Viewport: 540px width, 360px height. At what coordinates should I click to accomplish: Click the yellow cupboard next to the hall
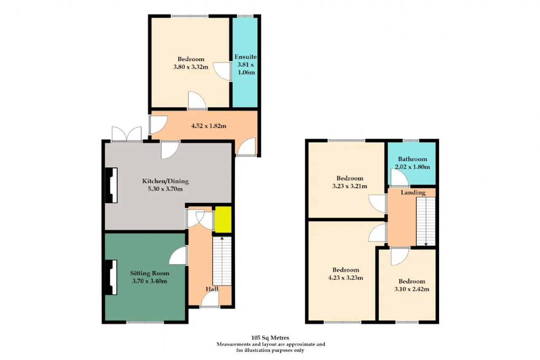tap(223, 219)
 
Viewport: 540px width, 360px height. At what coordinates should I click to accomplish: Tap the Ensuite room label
tap(246, 57)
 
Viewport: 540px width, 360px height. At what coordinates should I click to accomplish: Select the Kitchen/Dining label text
tap(165, 181)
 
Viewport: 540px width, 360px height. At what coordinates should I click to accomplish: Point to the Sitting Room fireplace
tap(111, 277)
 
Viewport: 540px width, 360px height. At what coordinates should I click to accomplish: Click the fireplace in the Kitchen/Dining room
tap(111, 185)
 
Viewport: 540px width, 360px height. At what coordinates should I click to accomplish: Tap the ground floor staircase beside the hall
tap(222, 261)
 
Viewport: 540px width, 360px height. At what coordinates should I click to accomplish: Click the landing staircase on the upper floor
tap(426, 222)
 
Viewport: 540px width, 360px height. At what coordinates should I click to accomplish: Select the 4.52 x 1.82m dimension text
tap(209, 126)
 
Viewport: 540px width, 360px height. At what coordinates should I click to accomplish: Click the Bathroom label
tap(413, 159)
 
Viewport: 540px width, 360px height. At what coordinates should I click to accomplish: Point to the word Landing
tap(413, 192)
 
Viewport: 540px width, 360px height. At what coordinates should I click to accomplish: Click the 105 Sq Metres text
tap(270, 338)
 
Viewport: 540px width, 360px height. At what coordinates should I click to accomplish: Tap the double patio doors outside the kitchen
tap(127, 134)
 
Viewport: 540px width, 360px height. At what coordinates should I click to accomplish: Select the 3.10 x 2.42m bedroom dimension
tap(412, 289)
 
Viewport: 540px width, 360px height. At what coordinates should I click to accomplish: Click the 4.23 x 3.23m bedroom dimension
tap(346, 278)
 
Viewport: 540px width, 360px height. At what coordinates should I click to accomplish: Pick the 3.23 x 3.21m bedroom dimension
tap(350, 186)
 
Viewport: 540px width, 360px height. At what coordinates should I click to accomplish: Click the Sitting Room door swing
tap(178, 256)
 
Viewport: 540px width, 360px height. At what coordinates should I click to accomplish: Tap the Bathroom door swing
tap(400, 178)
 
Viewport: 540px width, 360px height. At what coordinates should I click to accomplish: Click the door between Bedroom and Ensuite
tap(222, 71)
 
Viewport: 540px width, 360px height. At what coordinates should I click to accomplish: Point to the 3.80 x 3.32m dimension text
tap(191, 67)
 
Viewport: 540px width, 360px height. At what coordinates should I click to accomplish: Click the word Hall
tap(212, 289)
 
